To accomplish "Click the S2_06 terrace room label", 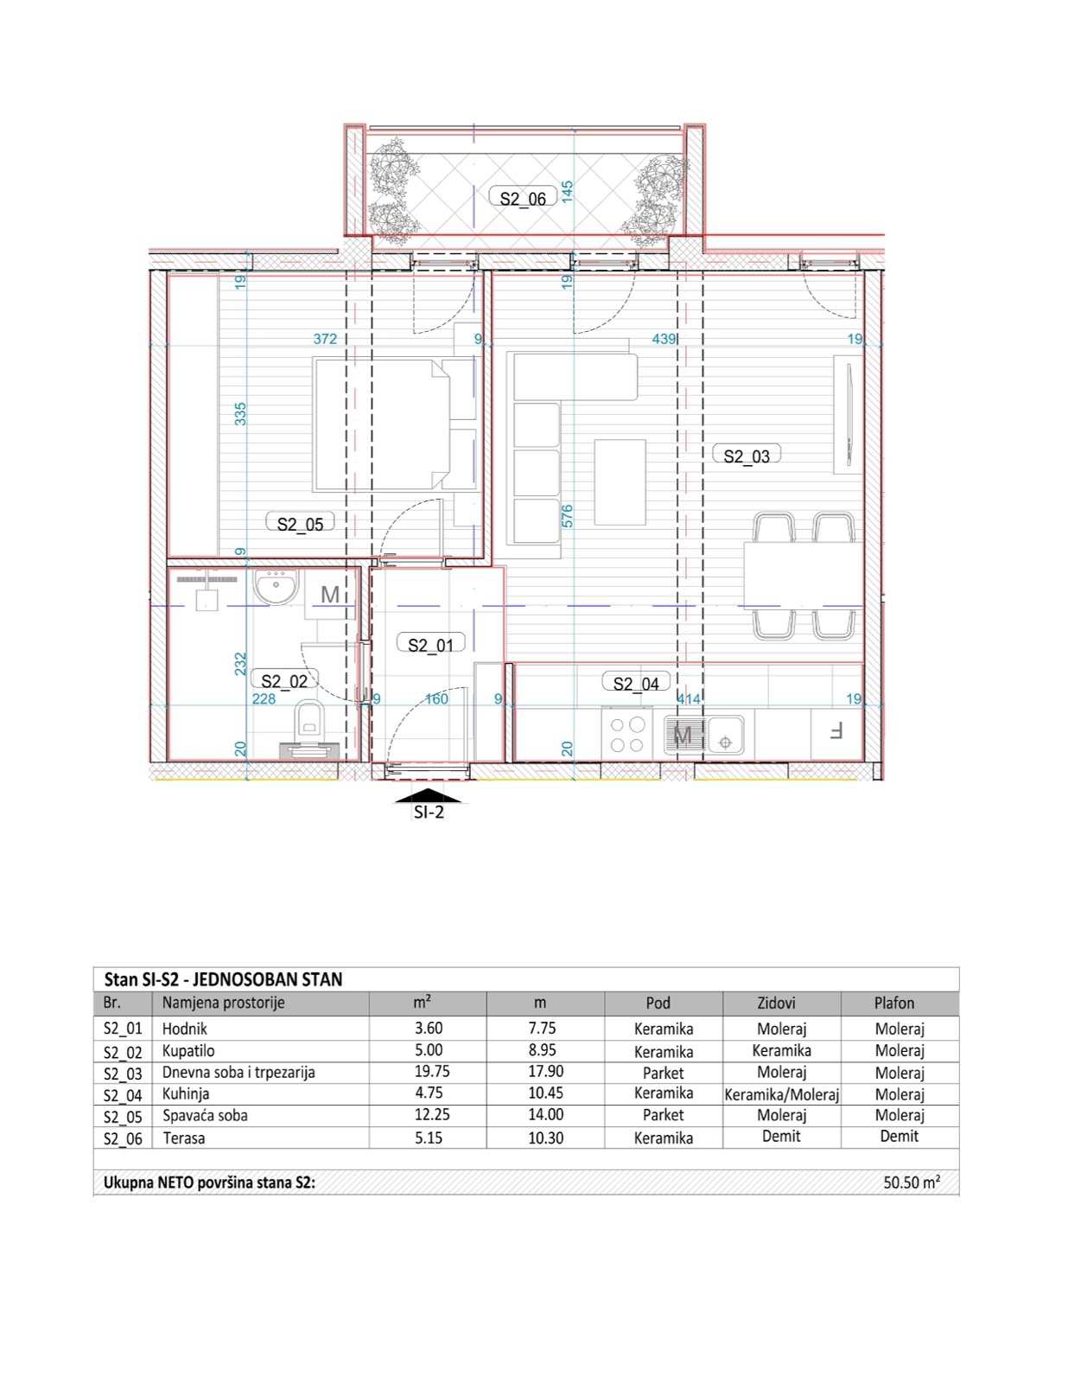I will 523,198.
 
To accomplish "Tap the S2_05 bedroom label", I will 300,523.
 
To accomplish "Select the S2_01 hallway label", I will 430,644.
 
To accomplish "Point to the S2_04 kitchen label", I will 636,684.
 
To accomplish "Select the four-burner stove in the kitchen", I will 627,734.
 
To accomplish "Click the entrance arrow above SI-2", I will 429,794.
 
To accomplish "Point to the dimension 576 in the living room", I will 567,516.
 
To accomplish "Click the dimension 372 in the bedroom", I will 325,339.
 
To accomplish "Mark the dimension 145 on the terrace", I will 567,190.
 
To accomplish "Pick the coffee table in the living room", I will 620,482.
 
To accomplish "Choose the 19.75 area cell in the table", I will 428,1072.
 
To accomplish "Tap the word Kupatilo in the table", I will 188,1051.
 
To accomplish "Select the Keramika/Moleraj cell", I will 781,1094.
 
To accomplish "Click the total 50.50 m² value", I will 911,1182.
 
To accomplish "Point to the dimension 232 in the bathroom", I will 241,664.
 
